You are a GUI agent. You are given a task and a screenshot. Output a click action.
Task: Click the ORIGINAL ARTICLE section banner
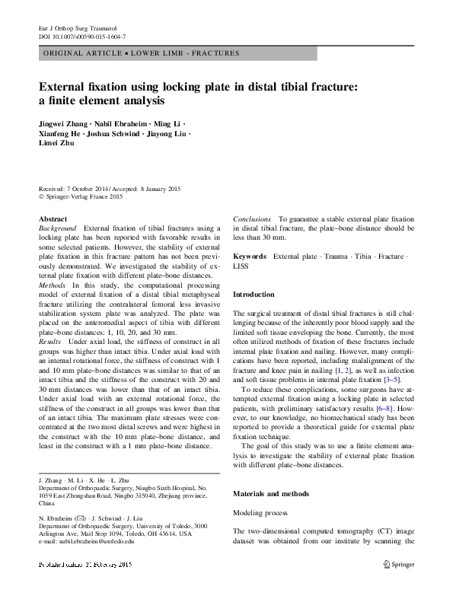(x=142, y=53)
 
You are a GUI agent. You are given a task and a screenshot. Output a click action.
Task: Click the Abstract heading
(x=52, y=219)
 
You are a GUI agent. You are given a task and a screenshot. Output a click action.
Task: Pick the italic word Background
(x=57, y=228)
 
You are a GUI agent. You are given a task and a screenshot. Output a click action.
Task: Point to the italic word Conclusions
(x=252, y=219)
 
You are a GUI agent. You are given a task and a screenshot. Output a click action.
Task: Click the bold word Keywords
(x=249, y=256)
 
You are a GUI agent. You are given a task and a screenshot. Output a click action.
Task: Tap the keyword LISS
(x=241, y=266)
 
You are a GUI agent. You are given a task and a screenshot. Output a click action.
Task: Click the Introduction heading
(x=254, y=294)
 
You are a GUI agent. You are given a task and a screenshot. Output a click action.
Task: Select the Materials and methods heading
(x=271, y=493)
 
